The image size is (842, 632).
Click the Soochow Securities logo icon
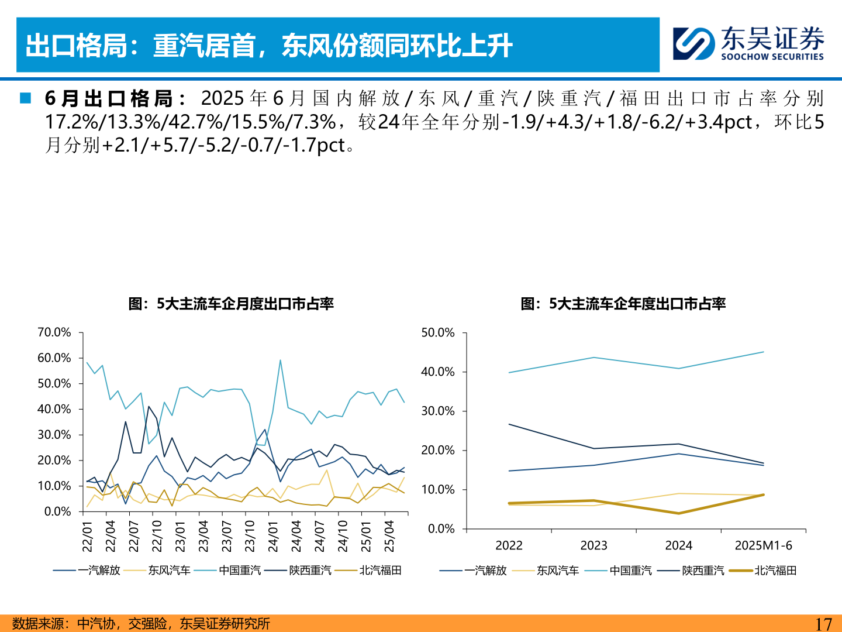coord(693,44)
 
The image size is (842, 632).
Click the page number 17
coord(823,624)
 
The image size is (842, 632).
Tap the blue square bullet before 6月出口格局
coord(25,98)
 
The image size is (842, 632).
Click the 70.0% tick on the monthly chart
coord(54,332)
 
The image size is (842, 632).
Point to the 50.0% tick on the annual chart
coord(437,332)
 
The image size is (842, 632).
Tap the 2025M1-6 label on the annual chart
coord(763,545)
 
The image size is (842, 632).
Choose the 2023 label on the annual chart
coord(593,545)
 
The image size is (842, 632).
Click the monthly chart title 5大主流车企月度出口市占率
coord(231,304)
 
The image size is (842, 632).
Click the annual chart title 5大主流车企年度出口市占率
coord(623,304)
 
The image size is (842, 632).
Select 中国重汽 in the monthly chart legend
coord(240,570)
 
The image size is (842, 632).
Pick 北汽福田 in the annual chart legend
coord(775,571)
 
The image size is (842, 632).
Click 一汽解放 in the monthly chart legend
coord(99,570)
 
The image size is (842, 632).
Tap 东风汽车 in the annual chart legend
coord(558,571)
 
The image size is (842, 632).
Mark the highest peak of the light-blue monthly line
coord(280,360)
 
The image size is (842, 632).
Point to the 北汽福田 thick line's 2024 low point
coord(678,513)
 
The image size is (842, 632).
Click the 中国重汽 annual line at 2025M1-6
coord(764,352)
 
